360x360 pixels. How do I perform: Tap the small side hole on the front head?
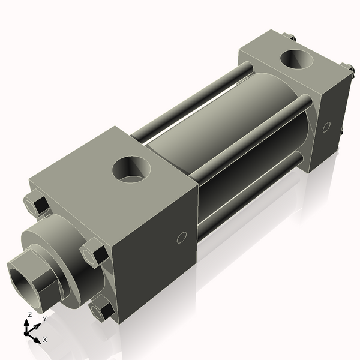(182, 239)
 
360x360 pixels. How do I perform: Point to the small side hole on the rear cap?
(326, 127)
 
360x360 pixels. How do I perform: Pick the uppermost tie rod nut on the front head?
(37, 204)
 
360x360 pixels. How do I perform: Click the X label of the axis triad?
(45, 340)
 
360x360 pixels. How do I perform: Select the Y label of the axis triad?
(44, 319)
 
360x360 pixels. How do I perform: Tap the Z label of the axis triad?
(29, 314)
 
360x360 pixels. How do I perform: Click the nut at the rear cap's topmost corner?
(292, 38)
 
